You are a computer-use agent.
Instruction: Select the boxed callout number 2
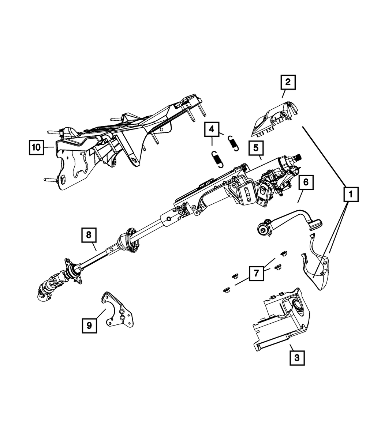[288, 82]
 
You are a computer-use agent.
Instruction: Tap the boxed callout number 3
[297, 358]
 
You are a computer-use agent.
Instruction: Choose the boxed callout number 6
[306, 182]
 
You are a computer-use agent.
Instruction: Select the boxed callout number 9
[89, 325]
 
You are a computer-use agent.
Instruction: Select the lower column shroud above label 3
[282, 322]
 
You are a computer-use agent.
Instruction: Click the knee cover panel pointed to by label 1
[317, 271]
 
